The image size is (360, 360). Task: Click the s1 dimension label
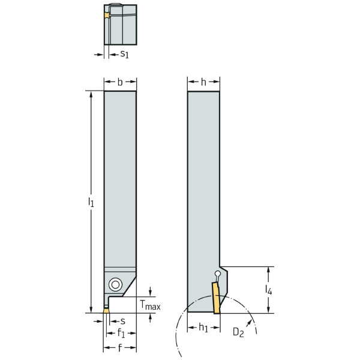(124, 54)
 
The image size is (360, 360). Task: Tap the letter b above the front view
(120, 82)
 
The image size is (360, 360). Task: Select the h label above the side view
(203, 82)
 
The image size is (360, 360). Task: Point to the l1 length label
(91, 202)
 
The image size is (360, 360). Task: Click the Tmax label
(150, 305)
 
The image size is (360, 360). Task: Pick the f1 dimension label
(121, 333)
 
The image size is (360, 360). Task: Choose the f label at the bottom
(119, 348)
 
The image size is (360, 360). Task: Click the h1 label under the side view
(203, 328)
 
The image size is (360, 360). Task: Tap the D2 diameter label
(238, 332)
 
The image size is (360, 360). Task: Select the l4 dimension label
(269, 290)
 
